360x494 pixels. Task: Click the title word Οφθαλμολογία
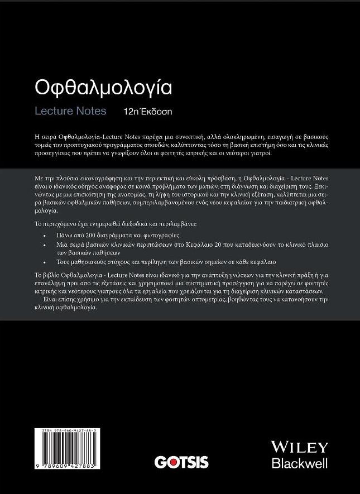point(103,88)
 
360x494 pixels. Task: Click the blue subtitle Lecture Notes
point(70,111)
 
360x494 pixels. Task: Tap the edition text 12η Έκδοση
point(148,111)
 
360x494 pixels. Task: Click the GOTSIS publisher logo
point(181,462)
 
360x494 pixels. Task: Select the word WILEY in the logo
point(299,447)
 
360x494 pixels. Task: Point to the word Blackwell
point(299,463)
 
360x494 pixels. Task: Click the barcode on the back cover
point(65,447)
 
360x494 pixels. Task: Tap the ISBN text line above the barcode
point(65,430)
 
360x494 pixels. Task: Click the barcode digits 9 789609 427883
point(65,465)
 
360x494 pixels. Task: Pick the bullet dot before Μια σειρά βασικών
point(45,244)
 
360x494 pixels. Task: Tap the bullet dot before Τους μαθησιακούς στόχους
point(45,261)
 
